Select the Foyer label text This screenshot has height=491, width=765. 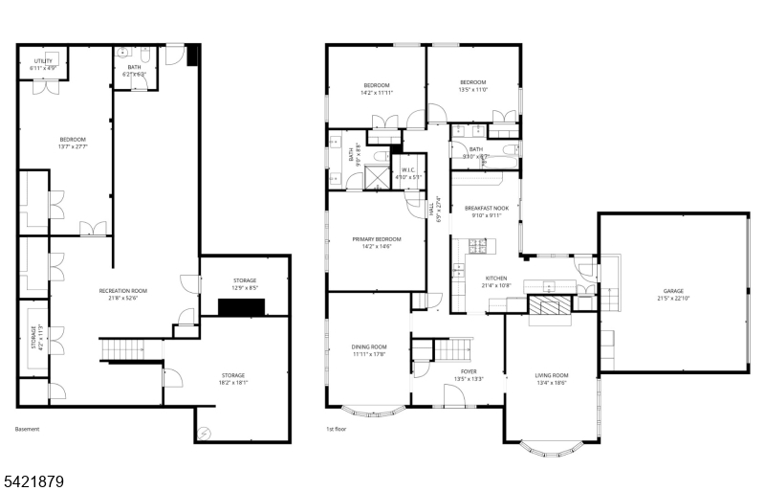469,374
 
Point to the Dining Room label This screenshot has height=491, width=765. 368,349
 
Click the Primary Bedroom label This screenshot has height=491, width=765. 376,242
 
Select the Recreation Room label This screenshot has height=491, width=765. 119,294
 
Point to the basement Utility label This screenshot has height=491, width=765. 45,65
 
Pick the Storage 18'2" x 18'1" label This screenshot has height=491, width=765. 233,378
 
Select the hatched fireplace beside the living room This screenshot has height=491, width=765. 549,306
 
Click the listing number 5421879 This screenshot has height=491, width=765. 33,478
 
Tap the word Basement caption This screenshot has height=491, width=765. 28,429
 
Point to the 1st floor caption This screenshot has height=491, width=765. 336,429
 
